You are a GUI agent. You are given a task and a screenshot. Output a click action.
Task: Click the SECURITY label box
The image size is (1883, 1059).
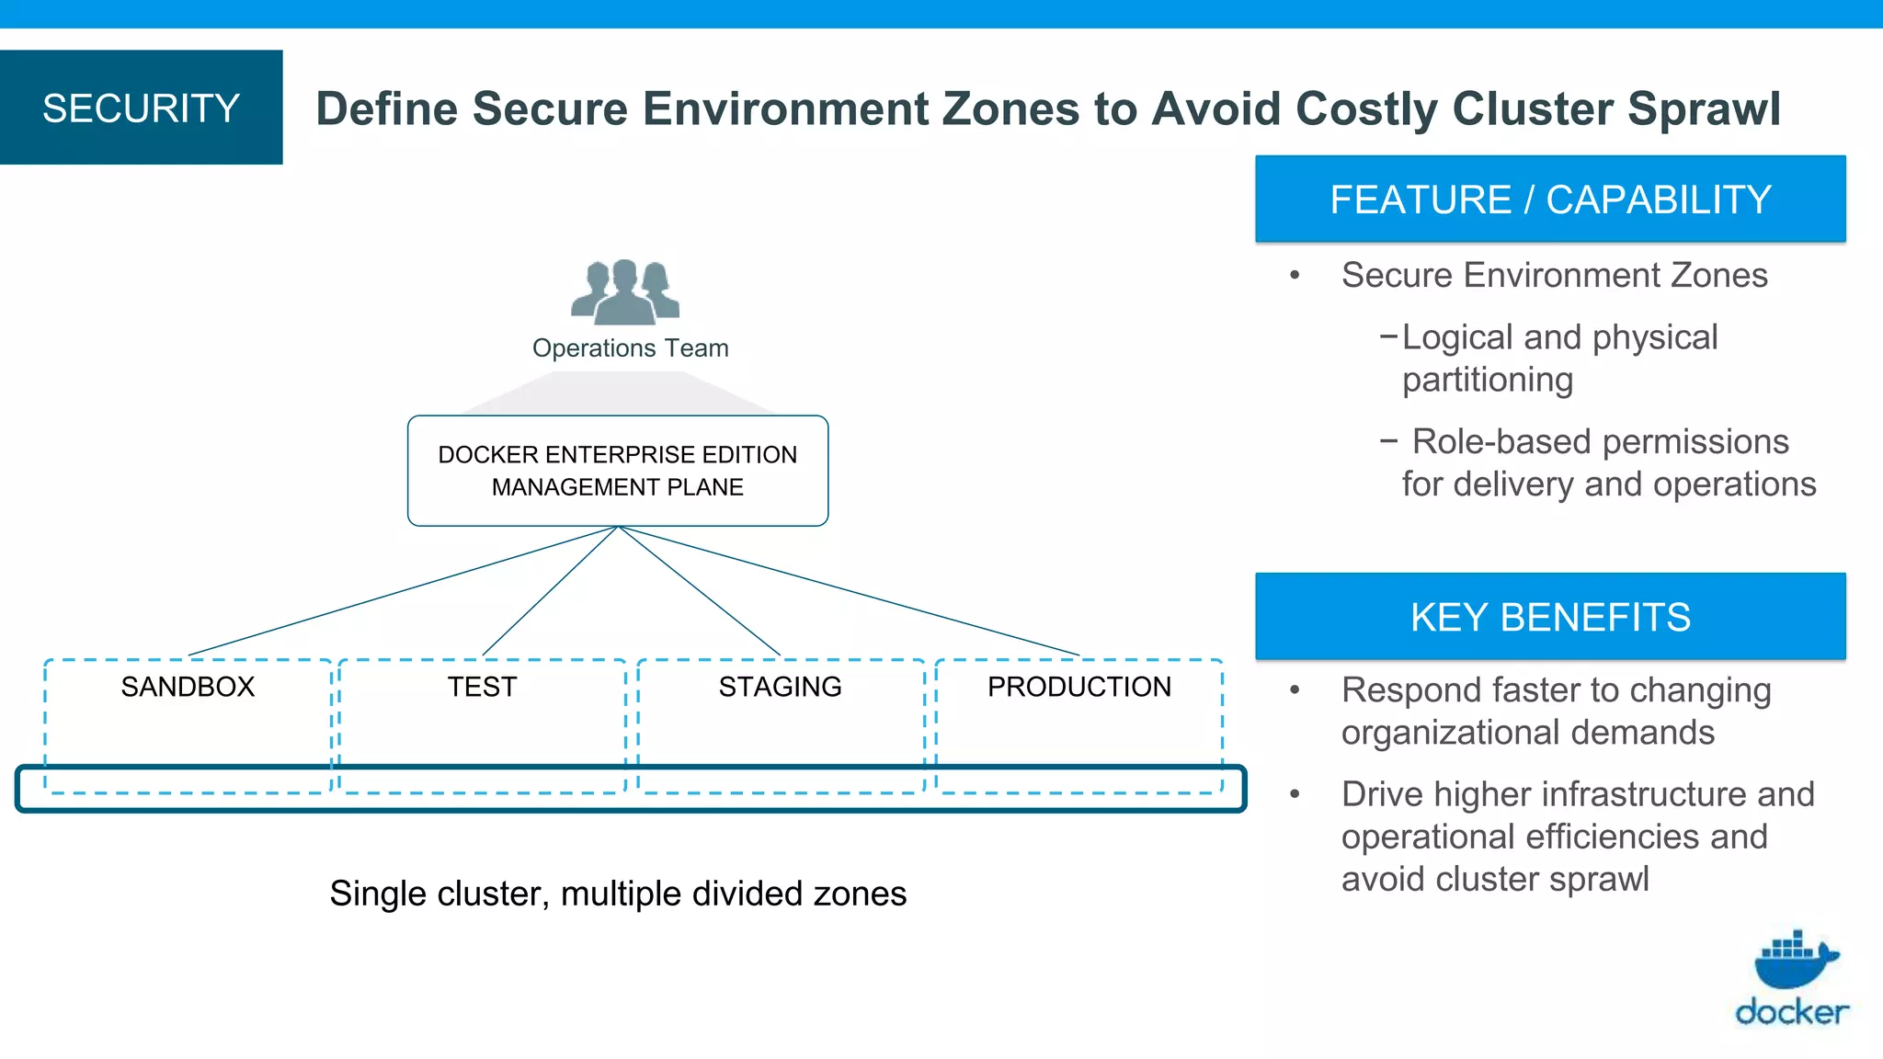(x=141, y=108)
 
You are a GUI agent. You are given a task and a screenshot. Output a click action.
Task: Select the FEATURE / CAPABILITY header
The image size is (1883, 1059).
(x=1550, y=199)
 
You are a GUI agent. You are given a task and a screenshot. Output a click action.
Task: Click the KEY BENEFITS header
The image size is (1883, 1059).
(x=1550, y=617)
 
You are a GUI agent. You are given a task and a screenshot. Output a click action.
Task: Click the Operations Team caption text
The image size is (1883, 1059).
(x=630, y=348)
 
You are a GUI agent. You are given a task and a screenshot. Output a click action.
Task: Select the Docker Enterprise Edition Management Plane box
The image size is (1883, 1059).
(x=618, y=471)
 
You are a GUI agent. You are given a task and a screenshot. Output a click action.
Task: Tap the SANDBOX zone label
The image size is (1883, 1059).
(x=188, y=687)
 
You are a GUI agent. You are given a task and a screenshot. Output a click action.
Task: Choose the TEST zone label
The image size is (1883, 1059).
(x=482, y=687)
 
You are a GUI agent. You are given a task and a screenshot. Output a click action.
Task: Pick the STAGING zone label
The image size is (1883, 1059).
(x=780, y=687)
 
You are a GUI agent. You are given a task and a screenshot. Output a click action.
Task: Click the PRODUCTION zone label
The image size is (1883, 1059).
(x=1078, y=687)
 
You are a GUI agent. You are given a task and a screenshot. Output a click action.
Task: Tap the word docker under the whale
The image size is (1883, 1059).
(x=1791, y=1012)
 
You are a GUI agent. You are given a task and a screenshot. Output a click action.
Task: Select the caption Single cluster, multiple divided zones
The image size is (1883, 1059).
(x=618, y=894)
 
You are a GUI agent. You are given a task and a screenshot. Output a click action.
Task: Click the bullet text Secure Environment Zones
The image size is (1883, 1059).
(x=1554, y=275)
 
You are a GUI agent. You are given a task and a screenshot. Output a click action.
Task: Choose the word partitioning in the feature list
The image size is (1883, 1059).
(x=1487, y=380)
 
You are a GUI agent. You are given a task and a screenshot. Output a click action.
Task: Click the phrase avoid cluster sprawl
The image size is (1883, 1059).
(x=1495, y=879)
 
